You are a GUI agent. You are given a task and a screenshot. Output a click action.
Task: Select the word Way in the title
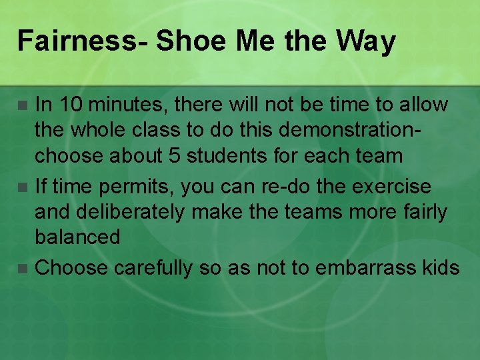366,41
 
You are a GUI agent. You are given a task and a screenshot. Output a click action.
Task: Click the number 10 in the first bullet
69,105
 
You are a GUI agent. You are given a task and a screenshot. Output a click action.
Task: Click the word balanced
77,237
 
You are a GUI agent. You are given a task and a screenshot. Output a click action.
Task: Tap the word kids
439,268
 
